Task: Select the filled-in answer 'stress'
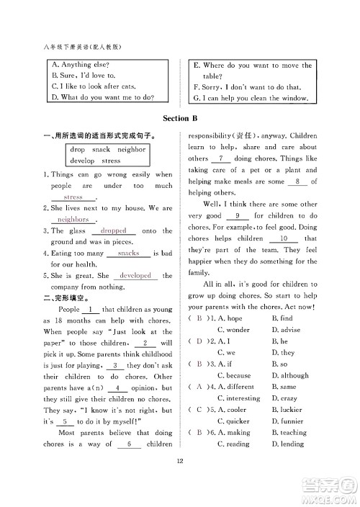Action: [74, 197]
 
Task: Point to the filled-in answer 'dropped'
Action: [113, 230]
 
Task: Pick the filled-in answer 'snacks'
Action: [128, 253]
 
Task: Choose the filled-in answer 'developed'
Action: [135, 276]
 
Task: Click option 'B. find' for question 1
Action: [282, 318]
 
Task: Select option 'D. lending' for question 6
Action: [289, 444]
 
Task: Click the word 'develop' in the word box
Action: [83, 161]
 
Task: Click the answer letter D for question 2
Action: [197, 341]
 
